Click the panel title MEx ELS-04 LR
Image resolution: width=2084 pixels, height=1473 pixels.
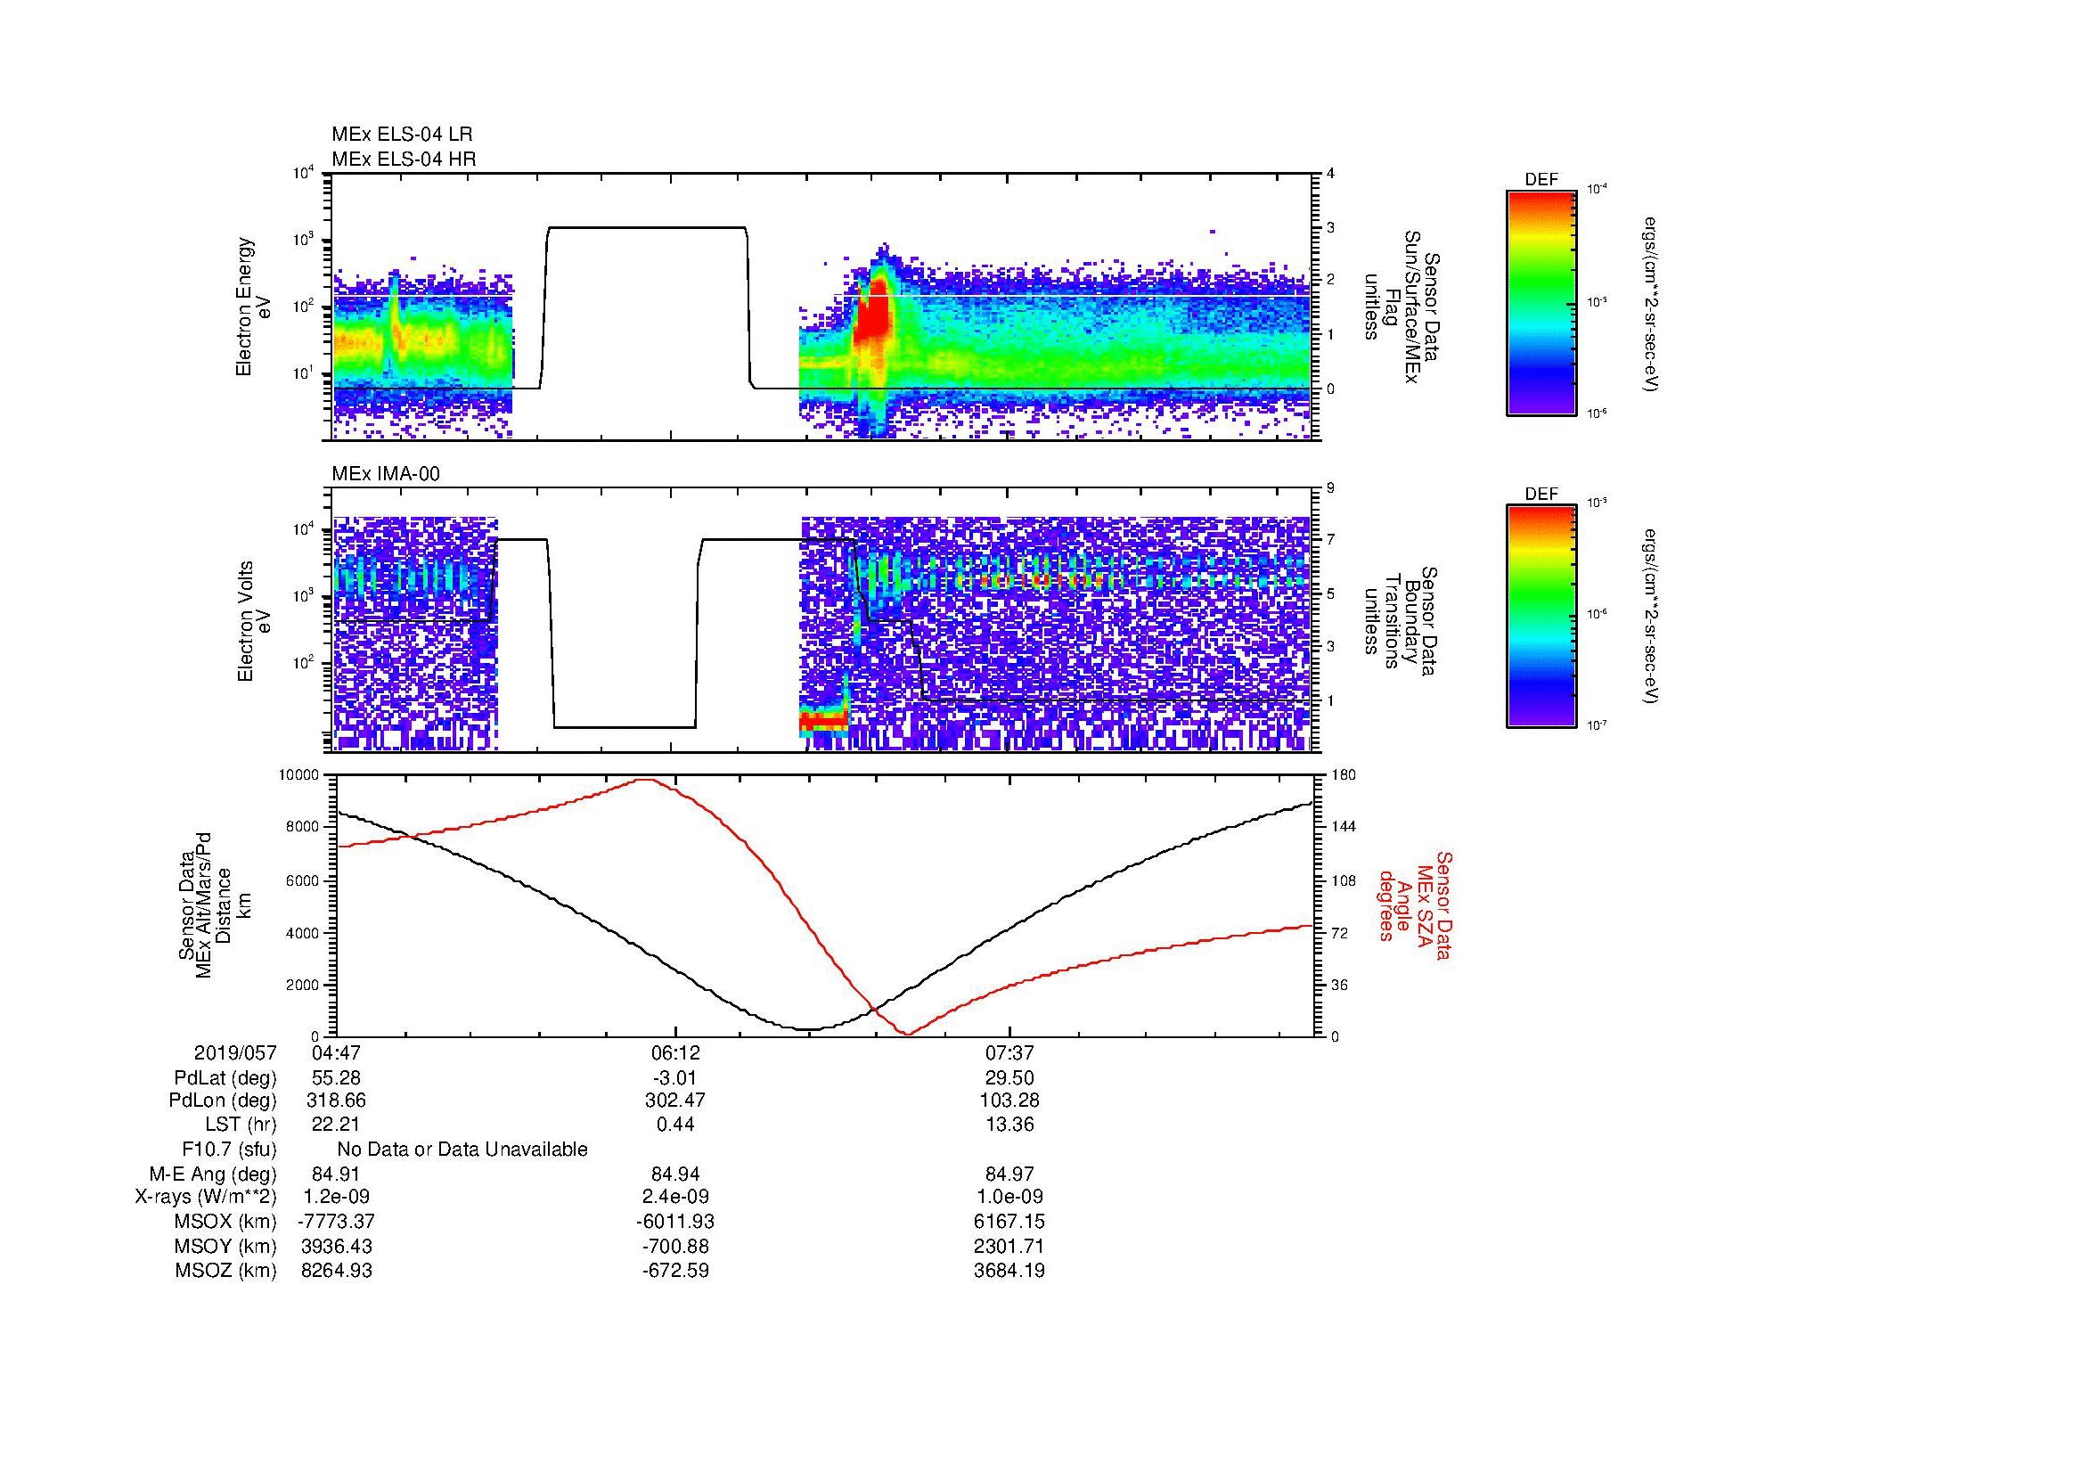point(401,135)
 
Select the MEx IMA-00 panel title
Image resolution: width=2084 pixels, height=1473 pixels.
point(385,474)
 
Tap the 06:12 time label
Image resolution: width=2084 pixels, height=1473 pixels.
point(674,1052)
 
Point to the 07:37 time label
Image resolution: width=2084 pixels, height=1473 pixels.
point(1009,1052)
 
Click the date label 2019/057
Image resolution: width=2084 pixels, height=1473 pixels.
point(235,1052)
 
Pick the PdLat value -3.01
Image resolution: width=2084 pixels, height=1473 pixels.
point(674,1078)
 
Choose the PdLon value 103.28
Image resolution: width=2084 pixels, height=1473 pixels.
point(1009,1100)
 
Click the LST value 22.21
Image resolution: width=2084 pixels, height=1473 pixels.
point(336,1125)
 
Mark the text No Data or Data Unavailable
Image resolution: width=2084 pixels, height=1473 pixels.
point(462,1149)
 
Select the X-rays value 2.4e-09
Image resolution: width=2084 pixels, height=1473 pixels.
point(674,1197)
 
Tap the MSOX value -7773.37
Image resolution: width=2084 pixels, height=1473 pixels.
point(336,1222)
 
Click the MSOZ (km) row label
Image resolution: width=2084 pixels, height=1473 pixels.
point(225,1271)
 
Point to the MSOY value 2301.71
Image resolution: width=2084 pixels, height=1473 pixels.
point(1009,1246)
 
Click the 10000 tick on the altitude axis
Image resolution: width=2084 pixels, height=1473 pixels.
point(300,775)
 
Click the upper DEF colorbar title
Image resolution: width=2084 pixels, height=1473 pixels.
point(1541,180)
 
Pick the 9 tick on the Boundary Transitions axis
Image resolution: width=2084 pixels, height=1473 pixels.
point(1331,488)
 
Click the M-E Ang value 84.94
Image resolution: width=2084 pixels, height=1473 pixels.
point(674,1174)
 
